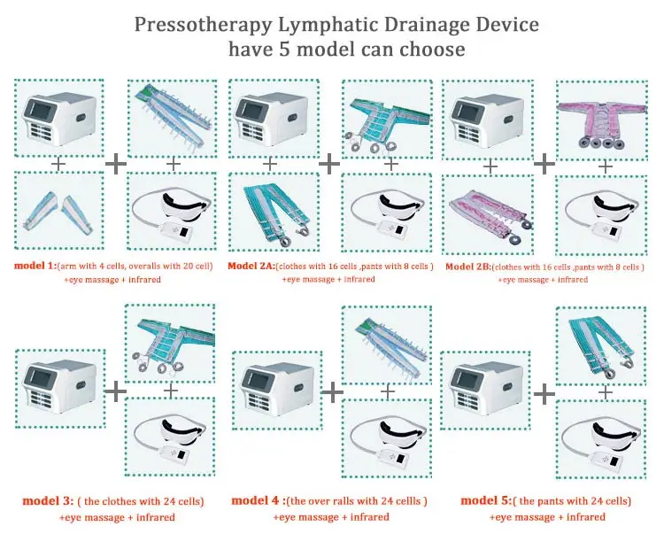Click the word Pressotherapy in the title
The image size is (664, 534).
coord(203,26)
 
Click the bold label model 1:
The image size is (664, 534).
coord(35,266)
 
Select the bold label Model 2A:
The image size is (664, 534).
coord(251,266)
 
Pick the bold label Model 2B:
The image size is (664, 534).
coord(468,267)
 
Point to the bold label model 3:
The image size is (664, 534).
coord(48,501)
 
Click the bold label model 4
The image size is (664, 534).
coord(256,500)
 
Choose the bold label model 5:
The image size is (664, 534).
coord(486,500)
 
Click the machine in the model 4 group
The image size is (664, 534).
coord(277,390)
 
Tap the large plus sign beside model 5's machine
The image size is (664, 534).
coord(544,394)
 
